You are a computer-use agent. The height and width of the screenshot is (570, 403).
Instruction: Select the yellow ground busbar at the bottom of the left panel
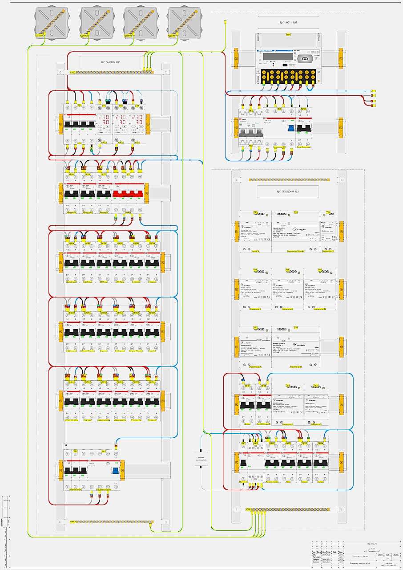click(x=111, y=521)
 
